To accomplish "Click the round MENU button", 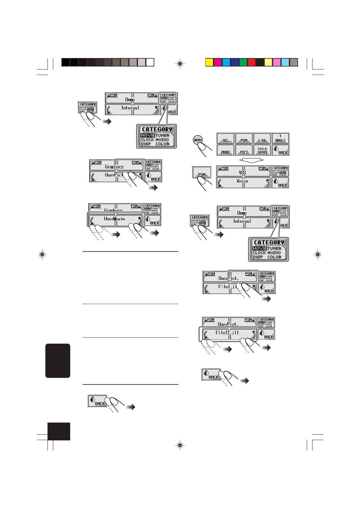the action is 198,140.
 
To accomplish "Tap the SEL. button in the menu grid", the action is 225,139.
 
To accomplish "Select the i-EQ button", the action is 262,139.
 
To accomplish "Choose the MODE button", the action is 225,150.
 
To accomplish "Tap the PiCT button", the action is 244,150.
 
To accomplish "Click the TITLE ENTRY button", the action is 262,150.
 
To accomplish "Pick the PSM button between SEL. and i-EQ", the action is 244,139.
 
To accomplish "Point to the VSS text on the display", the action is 242,173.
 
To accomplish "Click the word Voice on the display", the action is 242,181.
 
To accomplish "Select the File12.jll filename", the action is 227,333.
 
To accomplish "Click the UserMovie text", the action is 114,219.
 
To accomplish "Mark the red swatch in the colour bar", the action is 251,62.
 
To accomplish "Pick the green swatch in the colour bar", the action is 243,62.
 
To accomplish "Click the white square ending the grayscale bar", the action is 150,62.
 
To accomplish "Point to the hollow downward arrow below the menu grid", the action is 251,160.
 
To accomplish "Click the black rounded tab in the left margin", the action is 58,361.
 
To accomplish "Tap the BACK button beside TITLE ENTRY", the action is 280,150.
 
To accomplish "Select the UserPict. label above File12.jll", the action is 228,324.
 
